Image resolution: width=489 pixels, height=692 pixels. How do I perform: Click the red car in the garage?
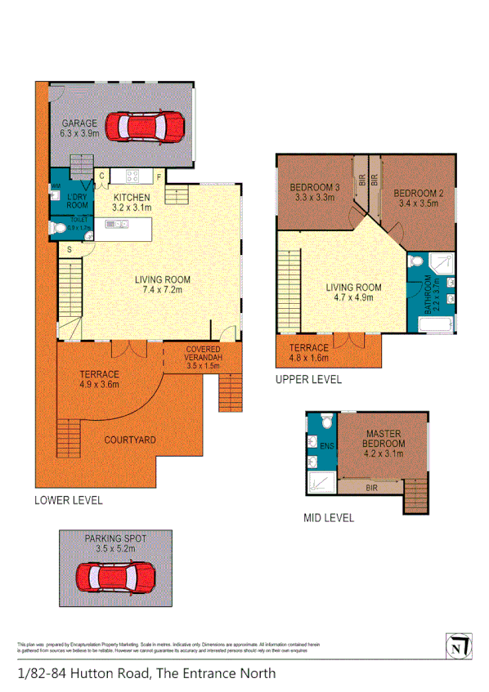pyautogui.click(x=151, y=127)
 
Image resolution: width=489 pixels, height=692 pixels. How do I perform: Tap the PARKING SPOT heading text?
pyautogui.click(x=115, y=538)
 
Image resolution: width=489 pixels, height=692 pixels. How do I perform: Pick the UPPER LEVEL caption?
pyautogui.click(x=308, y=380)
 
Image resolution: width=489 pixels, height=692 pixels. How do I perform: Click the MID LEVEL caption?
pyautogui.click(x=328, y=517)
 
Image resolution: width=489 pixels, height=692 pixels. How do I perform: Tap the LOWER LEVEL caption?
pyautogui.click(x=68, y=500)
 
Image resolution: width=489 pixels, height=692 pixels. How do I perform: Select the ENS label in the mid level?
pyautogui.click(x=325, y=445)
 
